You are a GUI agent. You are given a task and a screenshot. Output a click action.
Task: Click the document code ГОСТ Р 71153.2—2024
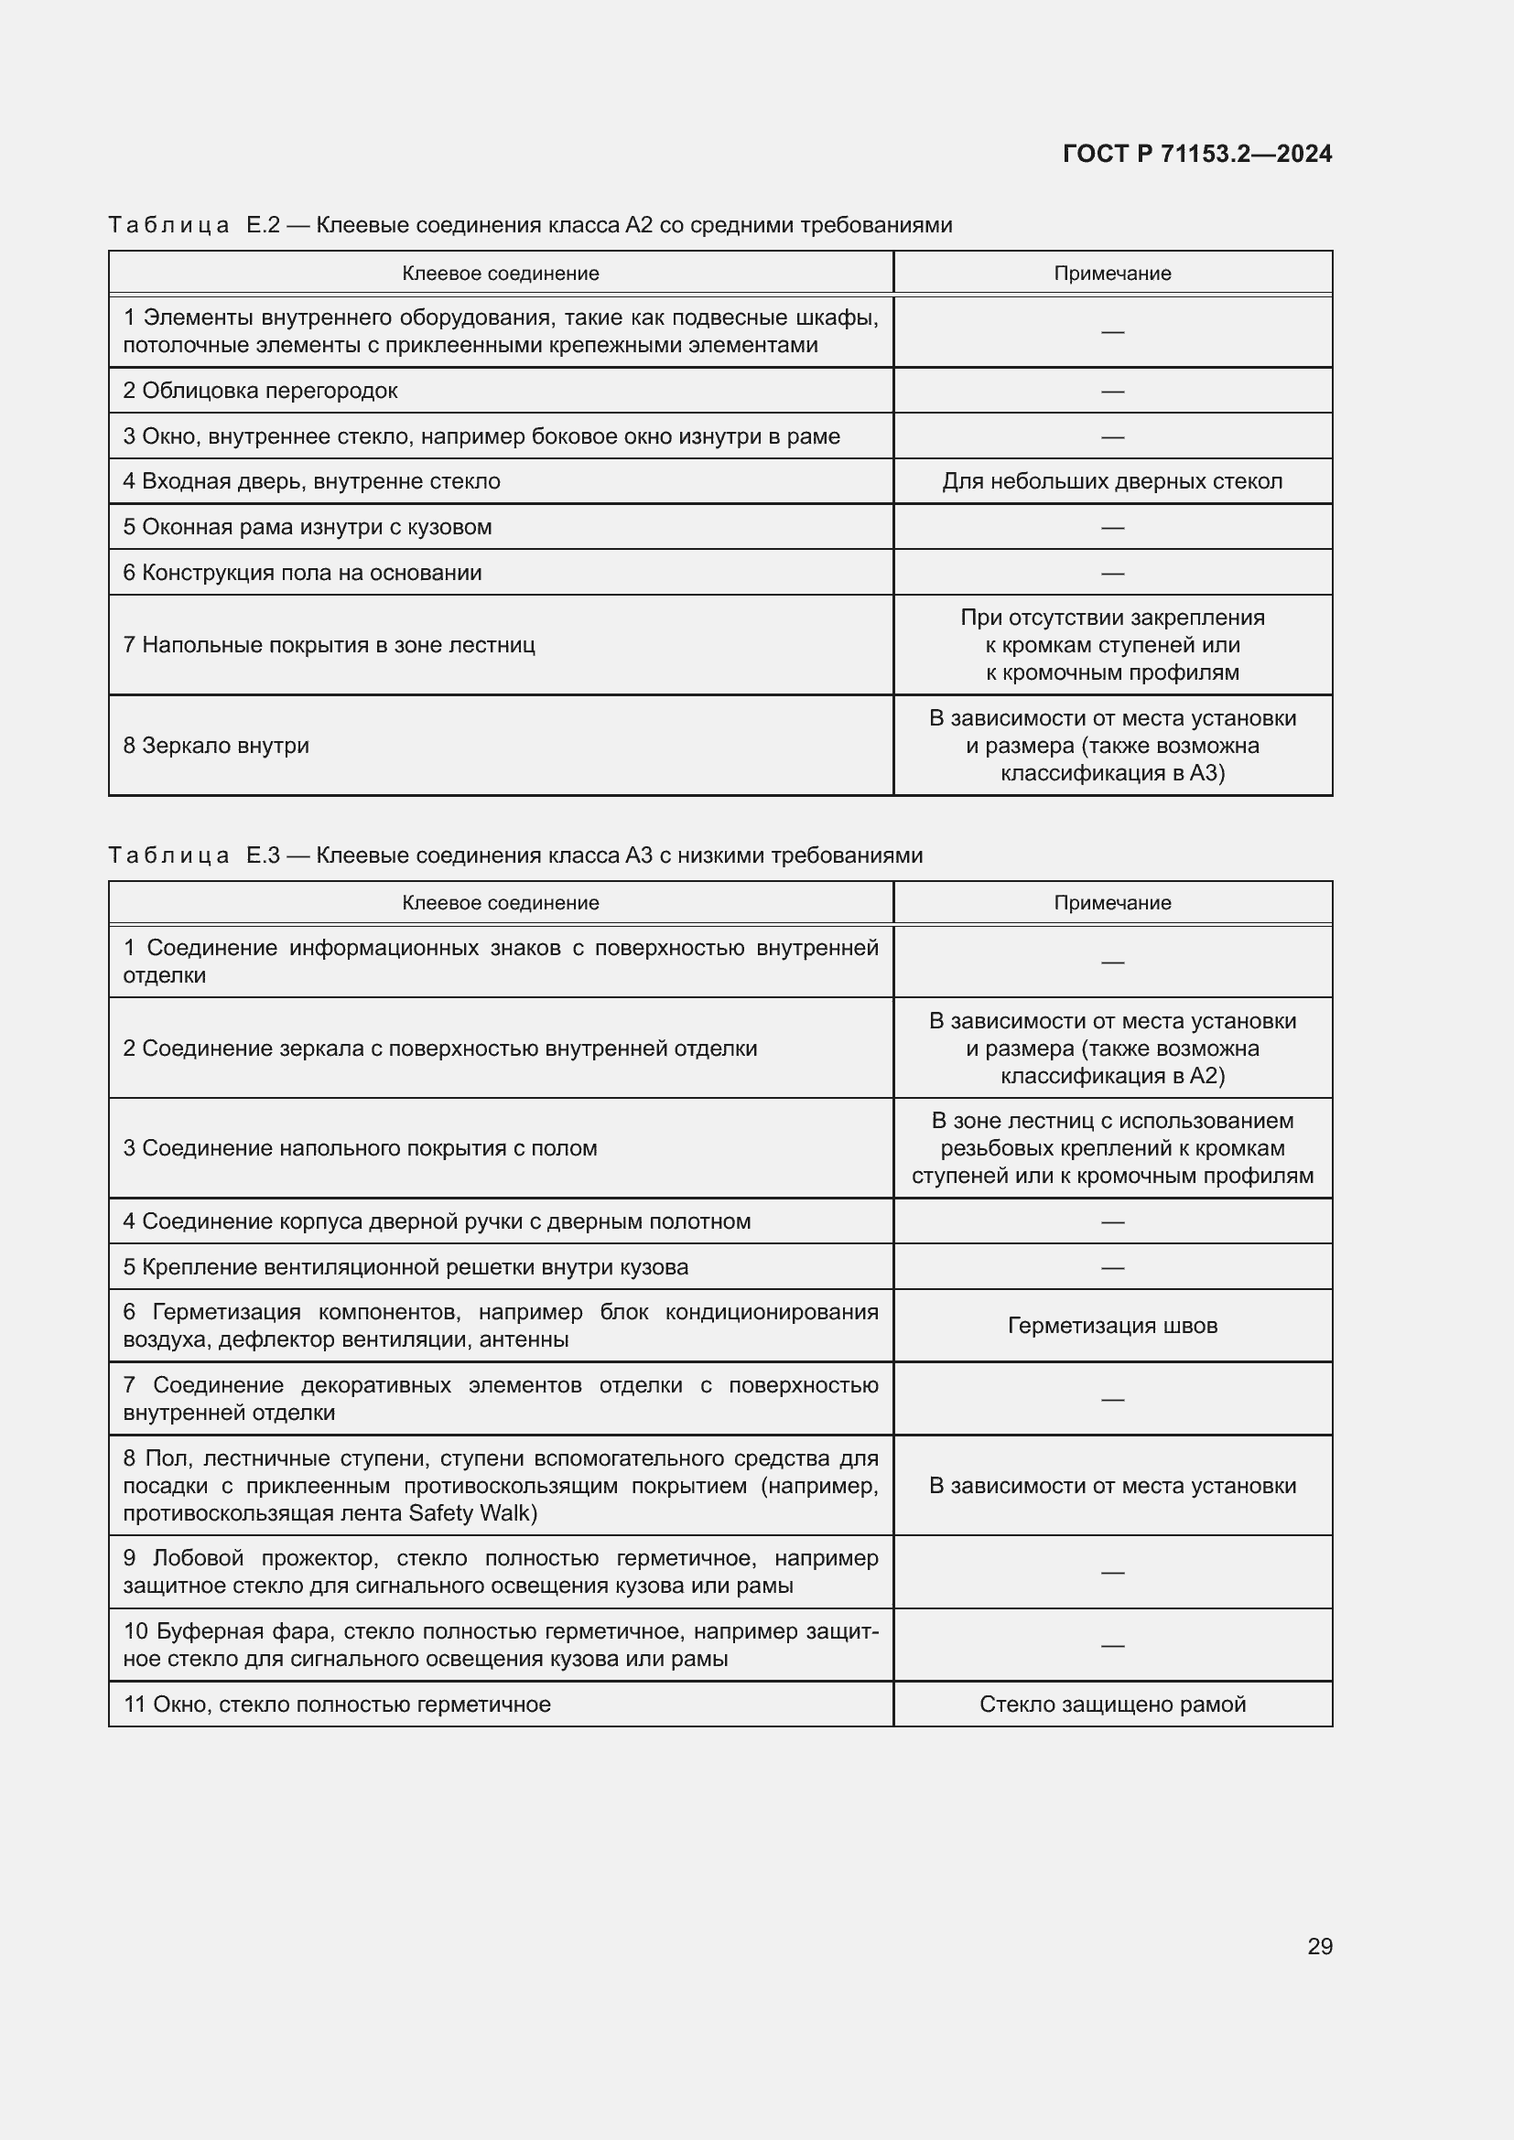1196,154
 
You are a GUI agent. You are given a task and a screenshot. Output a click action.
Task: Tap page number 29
1319,1946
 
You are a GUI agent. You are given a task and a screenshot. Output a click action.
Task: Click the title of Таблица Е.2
529,225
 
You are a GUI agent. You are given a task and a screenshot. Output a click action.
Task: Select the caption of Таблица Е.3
514,855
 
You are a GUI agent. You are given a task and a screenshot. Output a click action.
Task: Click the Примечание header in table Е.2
1111,273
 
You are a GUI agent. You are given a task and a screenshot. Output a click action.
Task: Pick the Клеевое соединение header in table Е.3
500,902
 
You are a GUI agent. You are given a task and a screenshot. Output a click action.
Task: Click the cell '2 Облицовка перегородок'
260,391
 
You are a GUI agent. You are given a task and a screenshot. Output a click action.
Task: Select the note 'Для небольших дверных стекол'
1111,481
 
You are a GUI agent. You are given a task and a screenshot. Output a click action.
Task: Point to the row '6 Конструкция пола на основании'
302,572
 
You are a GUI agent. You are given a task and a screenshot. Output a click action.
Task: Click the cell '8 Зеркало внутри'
215,746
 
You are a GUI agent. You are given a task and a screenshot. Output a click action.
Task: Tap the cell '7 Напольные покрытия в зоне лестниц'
329,645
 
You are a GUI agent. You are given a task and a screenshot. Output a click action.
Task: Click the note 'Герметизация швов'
1111,1326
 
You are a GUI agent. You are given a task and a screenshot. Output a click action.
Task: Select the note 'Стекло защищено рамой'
1111,1704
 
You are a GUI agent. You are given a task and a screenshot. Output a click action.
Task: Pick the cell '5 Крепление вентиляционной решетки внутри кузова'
406,1266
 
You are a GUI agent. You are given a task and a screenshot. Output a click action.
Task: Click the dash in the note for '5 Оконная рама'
1111,528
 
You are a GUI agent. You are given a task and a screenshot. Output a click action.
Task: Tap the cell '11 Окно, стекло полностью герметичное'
337,1704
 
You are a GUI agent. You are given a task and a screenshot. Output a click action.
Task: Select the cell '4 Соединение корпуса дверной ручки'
437,1221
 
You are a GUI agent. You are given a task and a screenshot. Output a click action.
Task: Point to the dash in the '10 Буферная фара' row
1111,1645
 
